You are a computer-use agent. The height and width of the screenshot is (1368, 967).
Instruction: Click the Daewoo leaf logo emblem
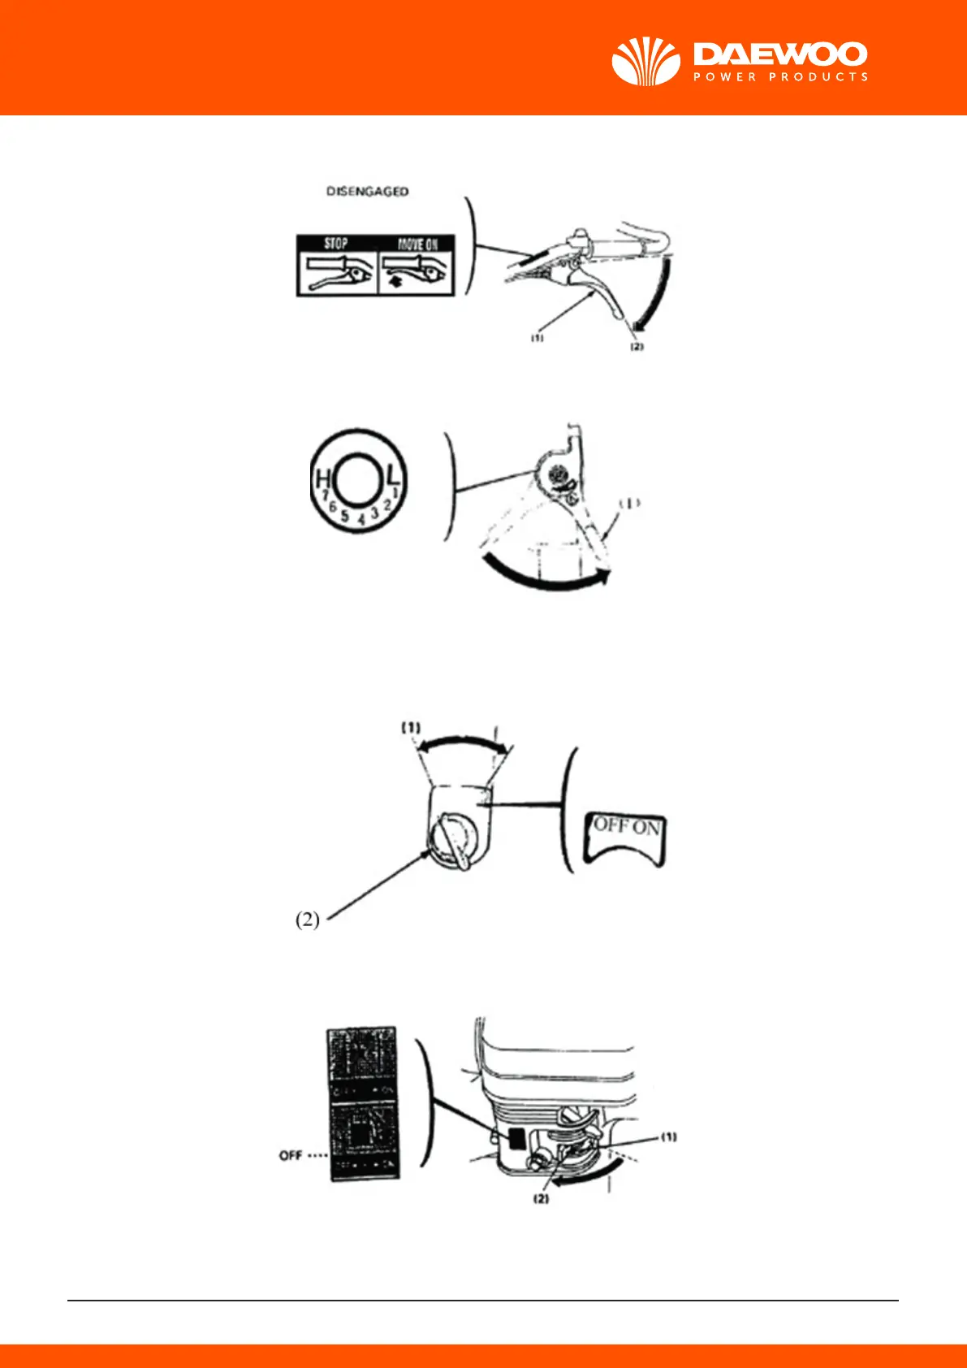coord(645,61)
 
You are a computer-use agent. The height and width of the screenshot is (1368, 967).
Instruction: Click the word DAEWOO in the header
coord(780,54)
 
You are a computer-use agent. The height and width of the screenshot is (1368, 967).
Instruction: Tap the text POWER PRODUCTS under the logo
coord(780,77)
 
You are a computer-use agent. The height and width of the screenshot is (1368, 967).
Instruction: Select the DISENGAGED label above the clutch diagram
coord(367,192)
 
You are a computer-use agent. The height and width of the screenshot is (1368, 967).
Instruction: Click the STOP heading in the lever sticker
coord(336,244)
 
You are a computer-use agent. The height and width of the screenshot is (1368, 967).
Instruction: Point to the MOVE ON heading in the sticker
coord(417,244)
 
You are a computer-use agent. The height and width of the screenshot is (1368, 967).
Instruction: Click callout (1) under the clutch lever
coord(537,339)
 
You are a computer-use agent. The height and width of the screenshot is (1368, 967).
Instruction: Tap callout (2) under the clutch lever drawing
coord(637,347)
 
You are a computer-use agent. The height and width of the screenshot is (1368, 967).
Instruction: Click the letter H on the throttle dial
coord(322,479)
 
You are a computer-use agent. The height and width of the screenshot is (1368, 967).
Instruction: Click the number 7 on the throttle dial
coord(324,494)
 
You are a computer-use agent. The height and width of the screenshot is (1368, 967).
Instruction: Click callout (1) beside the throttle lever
coord(629,503)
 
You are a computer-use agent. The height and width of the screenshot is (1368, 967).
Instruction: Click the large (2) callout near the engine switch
coord(307,920)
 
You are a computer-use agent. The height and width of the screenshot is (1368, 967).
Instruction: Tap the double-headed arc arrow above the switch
coord(460,740)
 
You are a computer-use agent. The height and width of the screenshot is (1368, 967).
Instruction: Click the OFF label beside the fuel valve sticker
coord(290,1155)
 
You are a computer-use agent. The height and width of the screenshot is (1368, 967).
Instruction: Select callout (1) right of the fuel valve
coord(668,1137)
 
